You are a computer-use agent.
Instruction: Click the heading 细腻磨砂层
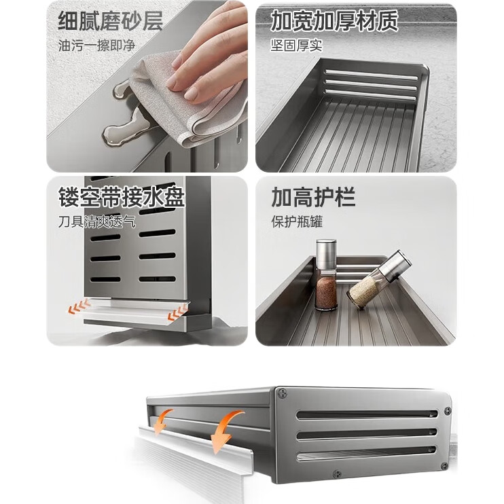111,21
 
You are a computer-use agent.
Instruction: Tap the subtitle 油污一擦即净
96,46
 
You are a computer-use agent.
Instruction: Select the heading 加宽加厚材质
334,21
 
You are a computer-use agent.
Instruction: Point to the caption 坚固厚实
296,46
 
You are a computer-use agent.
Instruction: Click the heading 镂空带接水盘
122,197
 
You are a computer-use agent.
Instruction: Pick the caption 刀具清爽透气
97,221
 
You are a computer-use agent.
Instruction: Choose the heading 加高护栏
313,197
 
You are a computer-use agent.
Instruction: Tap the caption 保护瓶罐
297,222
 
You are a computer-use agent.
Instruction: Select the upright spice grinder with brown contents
326,275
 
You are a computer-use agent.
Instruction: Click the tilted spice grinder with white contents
379,280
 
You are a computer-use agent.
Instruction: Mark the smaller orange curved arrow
162,421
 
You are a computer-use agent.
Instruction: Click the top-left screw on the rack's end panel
283,393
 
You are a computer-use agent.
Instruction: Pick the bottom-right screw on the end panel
444,466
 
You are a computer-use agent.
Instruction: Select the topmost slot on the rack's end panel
367,414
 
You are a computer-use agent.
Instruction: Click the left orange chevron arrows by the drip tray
79,306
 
